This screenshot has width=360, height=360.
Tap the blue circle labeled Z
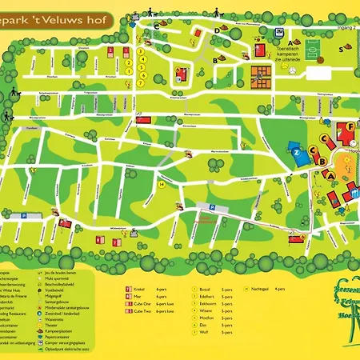tap(296, 149)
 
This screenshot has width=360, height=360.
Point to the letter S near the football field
tap(341, 47)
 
